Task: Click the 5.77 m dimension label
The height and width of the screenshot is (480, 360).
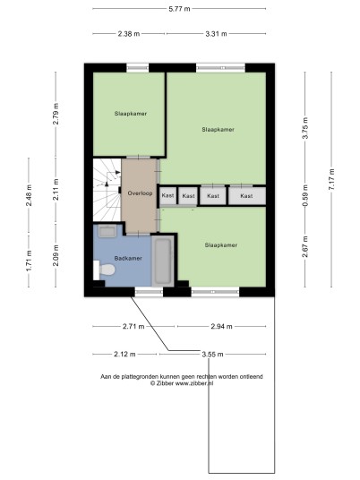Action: [x=179, y=9]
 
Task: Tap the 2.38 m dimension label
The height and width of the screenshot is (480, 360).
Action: [x=129, y=34]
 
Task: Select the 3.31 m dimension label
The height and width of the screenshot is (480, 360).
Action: [x=216, y=34]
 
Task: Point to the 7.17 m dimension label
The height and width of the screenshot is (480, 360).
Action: [x=331, y=179]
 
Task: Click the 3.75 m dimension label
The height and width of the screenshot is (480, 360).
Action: [x=305, y=128]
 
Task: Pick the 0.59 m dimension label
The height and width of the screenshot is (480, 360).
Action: [x=305, y=195]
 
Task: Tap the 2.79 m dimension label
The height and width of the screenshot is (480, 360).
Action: [x=56, y=114]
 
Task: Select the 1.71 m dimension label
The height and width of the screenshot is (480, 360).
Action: [x=29, y=261]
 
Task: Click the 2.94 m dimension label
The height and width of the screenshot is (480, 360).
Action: [x=221, y=326]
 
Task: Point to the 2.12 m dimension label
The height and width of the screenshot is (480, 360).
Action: [x=124, y=355]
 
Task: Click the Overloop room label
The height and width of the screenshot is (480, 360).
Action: [x=140, y=193]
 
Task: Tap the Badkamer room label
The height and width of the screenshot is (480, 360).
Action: [x=128, y=259]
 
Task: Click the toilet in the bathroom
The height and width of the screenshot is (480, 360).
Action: [x=104, y=270]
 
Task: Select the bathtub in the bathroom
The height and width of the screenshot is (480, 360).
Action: [x=163, y=261]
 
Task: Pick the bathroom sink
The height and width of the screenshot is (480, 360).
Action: [x=107, y=231]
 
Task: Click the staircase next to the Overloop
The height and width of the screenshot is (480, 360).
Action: [x=107, y=190]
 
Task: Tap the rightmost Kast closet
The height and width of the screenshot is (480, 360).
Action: [x=247, y=196]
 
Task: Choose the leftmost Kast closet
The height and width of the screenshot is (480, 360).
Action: [x=167, y=195]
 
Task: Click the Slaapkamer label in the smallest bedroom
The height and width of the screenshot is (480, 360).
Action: [x=131, y=114]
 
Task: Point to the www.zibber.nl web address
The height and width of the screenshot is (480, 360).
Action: [x=194, y=383]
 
